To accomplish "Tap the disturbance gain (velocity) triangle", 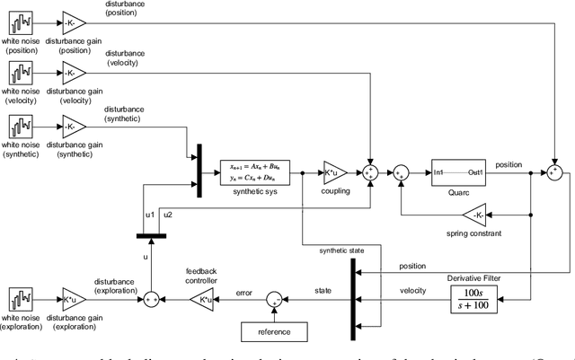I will [x=73, y=72].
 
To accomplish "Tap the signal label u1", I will [x=150, y=215].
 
